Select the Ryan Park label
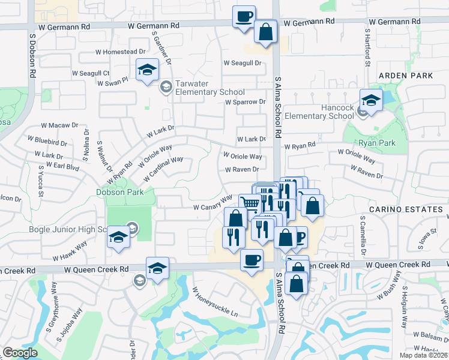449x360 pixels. pyautogui.click(x=376, y=143)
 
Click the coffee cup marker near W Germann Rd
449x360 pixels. pyautogui.click(x=244, y=17)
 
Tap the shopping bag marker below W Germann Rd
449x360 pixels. pyautogui.click(x=265, y=32)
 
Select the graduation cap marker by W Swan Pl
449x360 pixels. pyautogui.click(x=147, y=70)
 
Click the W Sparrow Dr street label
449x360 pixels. pyautogui.click(x=245, y=102)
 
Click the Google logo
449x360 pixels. pyautogui.click(x=20, y=353)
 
